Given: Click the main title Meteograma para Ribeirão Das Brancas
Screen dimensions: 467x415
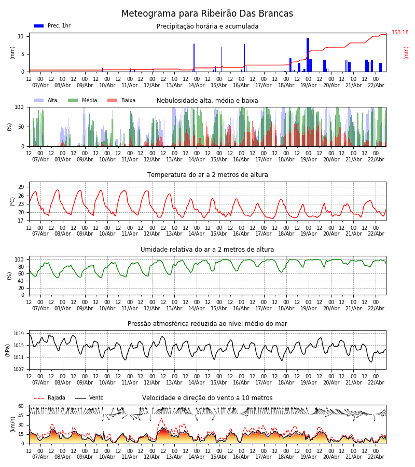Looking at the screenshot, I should coord(208,14).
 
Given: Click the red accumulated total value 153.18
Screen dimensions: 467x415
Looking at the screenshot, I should coord(400,33).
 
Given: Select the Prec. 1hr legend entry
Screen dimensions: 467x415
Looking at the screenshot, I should coord(52,26).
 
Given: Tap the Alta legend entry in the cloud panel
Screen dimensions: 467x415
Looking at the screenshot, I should coord(46,101).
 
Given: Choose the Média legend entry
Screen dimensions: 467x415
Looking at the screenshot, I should coord(82,101).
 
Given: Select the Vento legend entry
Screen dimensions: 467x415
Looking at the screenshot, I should coord(90,398).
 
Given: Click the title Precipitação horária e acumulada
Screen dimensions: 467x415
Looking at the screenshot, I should coord(208,26).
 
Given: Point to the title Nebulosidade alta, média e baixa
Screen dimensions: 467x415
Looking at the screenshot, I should coord(208,101).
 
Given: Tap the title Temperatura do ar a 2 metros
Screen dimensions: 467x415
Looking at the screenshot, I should coord(208,175).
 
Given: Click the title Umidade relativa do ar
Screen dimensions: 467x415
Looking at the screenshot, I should coord(208,250).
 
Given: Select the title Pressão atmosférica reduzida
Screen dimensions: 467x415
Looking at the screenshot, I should coord(208,324).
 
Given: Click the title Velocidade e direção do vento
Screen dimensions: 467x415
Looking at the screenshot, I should coord(208,398).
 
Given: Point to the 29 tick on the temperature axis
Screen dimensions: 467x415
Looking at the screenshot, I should coord(21,187).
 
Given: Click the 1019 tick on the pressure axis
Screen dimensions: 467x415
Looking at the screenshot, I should coord(19,334).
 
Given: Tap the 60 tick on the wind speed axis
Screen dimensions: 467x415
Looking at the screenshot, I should coord(21,406).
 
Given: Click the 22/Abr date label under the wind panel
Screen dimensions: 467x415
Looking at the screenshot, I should coord(376,457).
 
